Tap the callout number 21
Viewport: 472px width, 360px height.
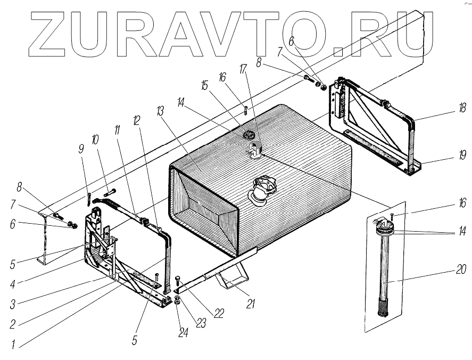pyautogui.click(x=251, y=304)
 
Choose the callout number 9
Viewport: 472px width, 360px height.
pyautogui.click(x=81, y=149)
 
